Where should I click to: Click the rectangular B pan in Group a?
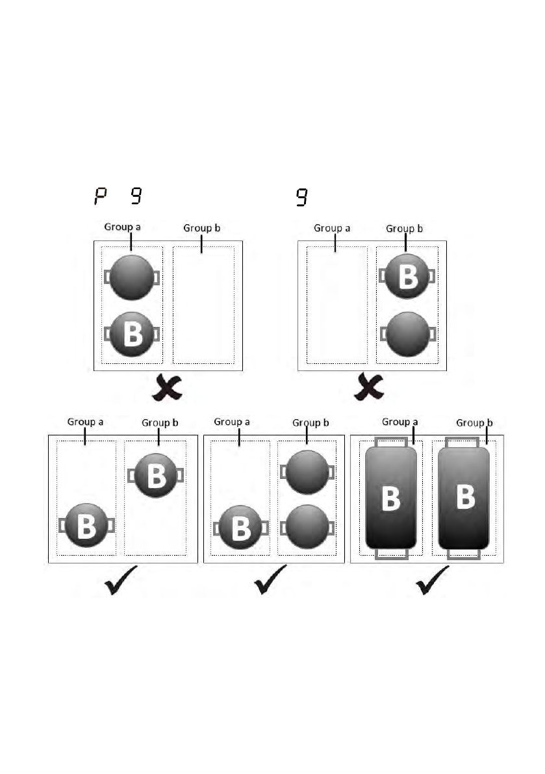390,498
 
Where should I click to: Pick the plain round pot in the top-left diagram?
132,277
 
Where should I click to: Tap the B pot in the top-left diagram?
133,334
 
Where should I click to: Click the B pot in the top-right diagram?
407,277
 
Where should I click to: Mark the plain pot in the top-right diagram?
407,334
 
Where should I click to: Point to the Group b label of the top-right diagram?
405,228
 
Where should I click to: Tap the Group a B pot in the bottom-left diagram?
86,526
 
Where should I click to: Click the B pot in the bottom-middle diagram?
240,527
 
